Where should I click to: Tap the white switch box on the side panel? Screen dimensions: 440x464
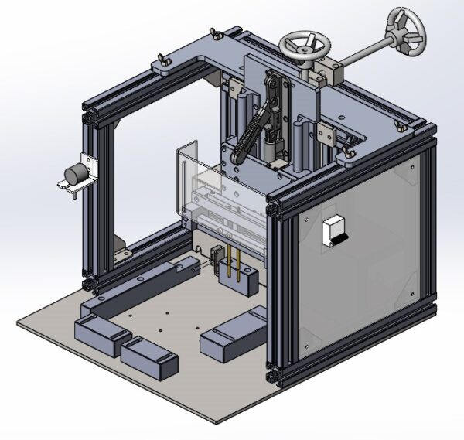(334, 231)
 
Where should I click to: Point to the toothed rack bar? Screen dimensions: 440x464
(248, 139)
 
